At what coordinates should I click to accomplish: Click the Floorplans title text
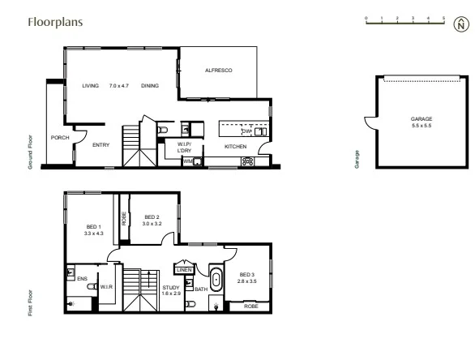pyautogui.click(x=53, y=23)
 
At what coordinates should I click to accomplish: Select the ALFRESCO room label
pyautogui.click(x=219, y=71)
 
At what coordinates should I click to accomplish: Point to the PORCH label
pyautogui.click(x=60, y=138)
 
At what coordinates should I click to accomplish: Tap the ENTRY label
pyautogui.click(x=101, y=145)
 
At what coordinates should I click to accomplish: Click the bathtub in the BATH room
pyautogui.click(x=216, y=276)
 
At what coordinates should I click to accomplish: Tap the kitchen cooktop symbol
pyautogui.click(x=247, y=161)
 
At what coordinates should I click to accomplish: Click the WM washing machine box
pyautogui.click(x=188, y=161)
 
